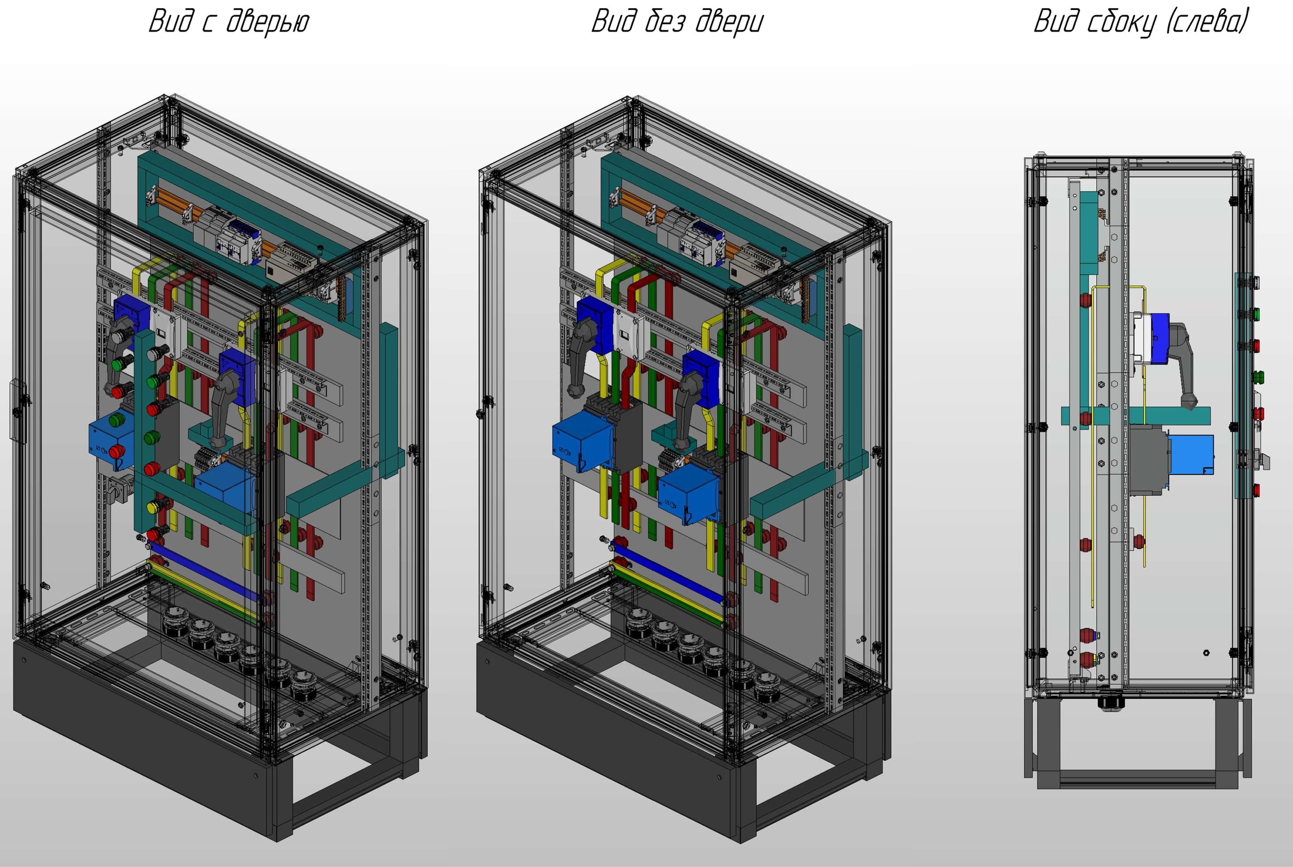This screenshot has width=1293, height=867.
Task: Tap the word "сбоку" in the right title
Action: coord(1122,23)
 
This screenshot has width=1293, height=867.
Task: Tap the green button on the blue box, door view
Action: coord(117,420)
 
